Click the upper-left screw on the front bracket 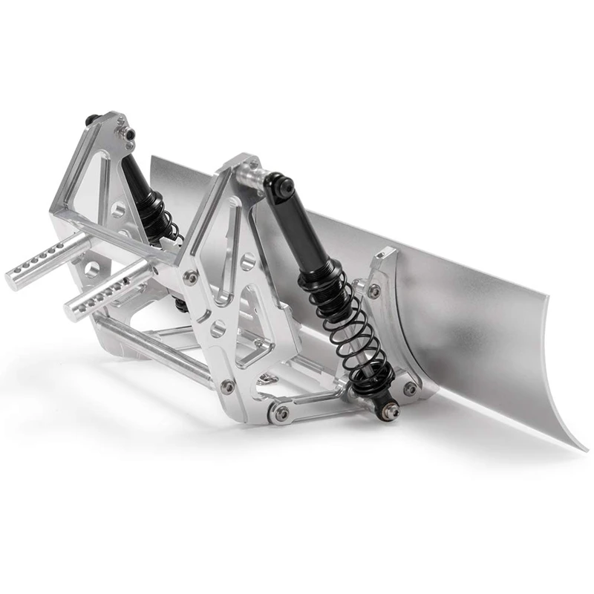pos(192,277)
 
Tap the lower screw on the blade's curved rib pos(409,388)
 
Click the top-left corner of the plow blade pos(152,159)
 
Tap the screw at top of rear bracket pos(131,134)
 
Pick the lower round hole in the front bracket pos(216,327)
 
